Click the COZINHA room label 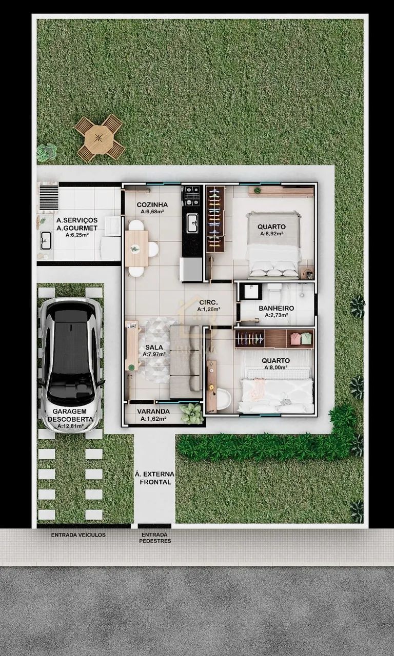coord(152,204)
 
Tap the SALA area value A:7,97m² coord(154,354)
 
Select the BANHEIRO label coord(276,308)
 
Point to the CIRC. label coord(208,302)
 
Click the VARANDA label coord(153,412)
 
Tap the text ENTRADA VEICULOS coord(78,535)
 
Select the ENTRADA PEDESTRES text coord(155,538)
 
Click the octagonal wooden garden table coord(99,138)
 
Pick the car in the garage coord(71,364)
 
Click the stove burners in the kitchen coord(192,196)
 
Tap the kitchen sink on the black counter coord(192,223)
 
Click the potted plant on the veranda coord(192,413)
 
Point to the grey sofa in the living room coord(186,362)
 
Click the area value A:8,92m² coord(272,234)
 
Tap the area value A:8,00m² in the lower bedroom coord(276,367)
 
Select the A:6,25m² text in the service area coord(77,235)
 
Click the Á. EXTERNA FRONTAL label coord(154,478)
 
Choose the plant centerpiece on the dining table coord(135,249)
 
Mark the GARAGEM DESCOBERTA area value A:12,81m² coord(71,426)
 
